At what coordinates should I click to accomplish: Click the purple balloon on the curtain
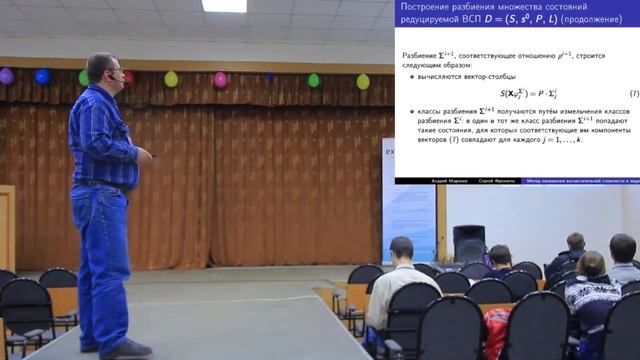tap(6, 75)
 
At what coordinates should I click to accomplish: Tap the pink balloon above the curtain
tap(220, 79)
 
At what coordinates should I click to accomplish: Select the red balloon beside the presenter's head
tap(128, 77)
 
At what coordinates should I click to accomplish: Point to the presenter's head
tap(102, 70)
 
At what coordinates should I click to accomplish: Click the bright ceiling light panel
tap(224, 6)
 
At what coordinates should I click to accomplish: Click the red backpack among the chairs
tap(497, 333)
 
